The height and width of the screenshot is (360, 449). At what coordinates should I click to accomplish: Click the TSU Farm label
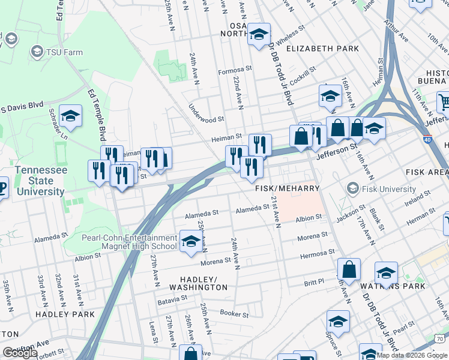(65, 52)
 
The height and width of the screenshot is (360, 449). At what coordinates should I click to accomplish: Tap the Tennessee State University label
(40, 181)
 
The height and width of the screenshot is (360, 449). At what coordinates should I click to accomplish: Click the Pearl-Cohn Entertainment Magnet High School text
(129, 242)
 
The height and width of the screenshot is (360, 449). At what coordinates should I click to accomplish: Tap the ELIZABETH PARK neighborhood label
(322, 49)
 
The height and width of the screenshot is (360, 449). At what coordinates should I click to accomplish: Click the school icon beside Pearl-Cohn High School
(190, 242)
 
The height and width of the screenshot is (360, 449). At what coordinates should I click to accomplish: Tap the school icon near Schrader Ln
(70, 116)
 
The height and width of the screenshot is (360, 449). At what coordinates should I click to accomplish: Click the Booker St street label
(234, 314)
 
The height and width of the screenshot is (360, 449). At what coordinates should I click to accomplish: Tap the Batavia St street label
(173, 299)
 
